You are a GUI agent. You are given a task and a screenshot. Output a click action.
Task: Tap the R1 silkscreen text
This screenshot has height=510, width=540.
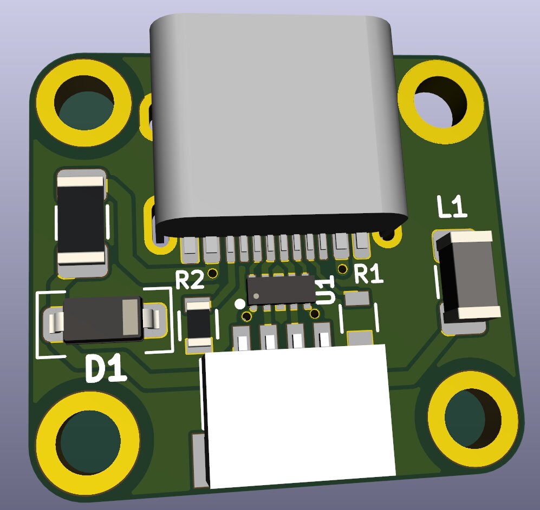(368, 275)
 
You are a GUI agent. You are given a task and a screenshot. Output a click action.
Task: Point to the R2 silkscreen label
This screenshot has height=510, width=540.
(190, 280)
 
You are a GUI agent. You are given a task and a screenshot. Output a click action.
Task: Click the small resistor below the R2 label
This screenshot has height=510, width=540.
(198, 323)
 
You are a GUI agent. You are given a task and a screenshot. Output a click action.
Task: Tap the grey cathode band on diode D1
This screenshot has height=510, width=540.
(130, 317)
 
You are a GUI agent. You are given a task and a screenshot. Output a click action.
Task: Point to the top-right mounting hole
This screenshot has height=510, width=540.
(440, 101)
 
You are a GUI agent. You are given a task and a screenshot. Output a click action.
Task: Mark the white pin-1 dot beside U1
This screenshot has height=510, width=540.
(240, 304)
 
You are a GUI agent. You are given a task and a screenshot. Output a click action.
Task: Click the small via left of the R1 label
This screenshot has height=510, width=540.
(342, 269)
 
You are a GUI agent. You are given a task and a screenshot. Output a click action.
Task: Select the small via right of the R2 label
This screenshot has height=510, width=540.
(212, 272)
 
